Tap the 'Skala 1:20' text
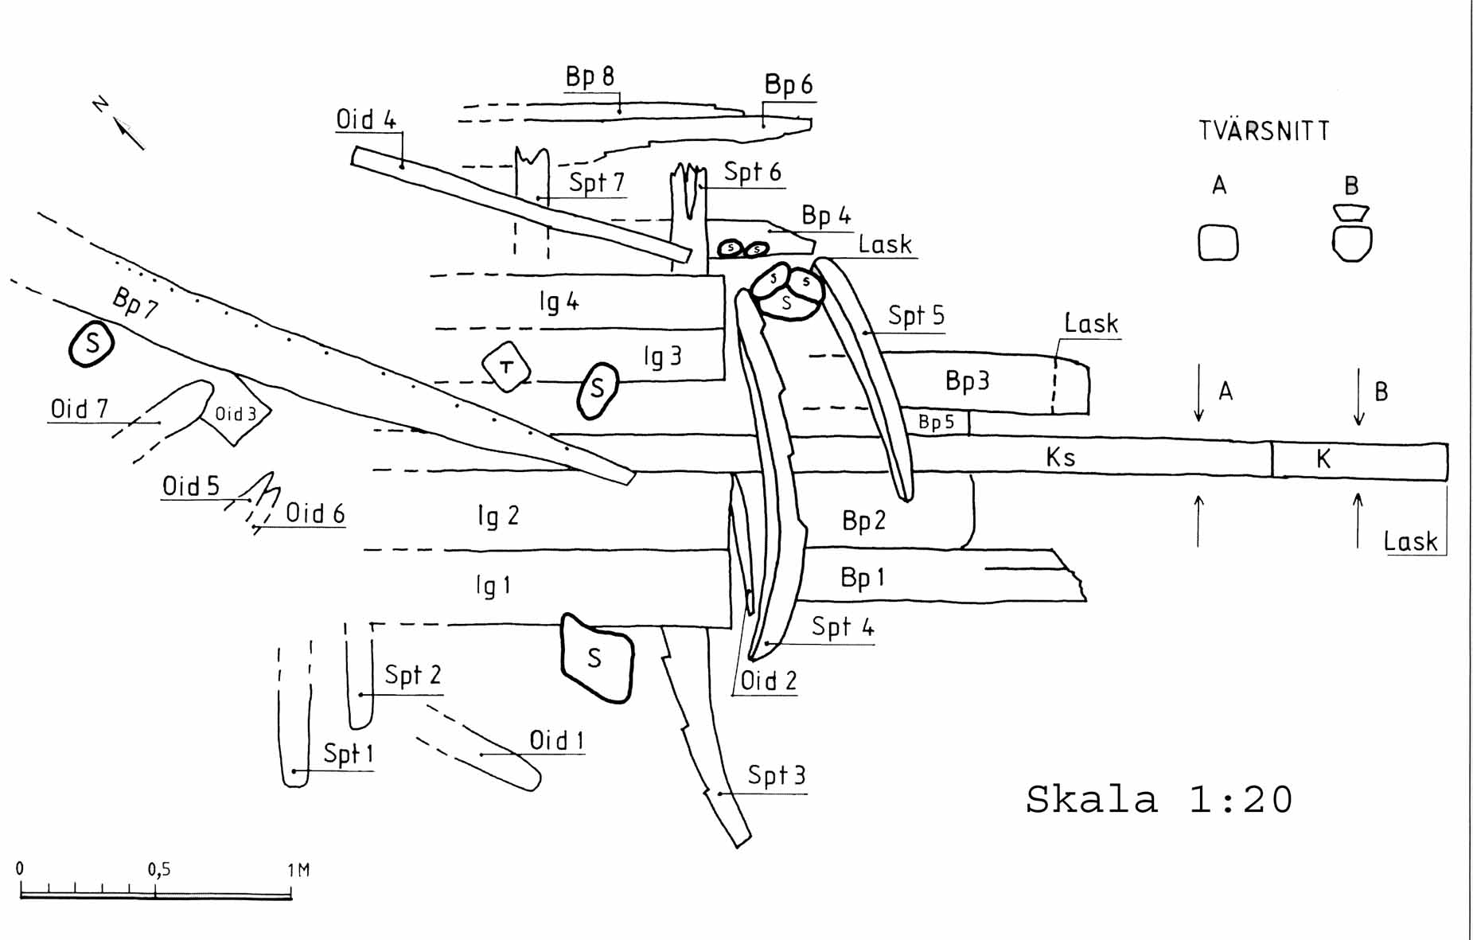pos(1159,799)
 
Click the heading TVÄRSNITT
pos(1264,131)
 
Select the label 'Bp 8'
pos(590,76)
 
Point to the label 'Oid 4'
pos(366,119)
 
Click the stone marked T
pos(506,367)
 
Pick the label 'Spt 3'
pos(777,775)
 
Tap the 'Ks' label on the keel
pos(1061,457)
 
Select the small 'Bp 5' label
pos(936,422)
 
